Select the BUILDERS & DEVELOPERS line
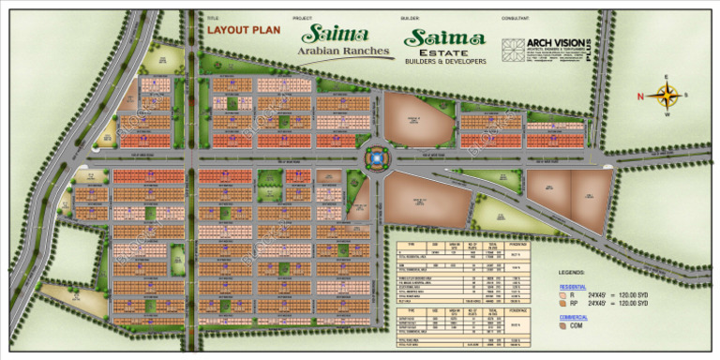445,62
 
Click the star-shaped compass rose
667,95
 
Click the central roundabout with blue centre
375,158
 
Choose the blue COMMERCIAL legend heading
574,317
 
